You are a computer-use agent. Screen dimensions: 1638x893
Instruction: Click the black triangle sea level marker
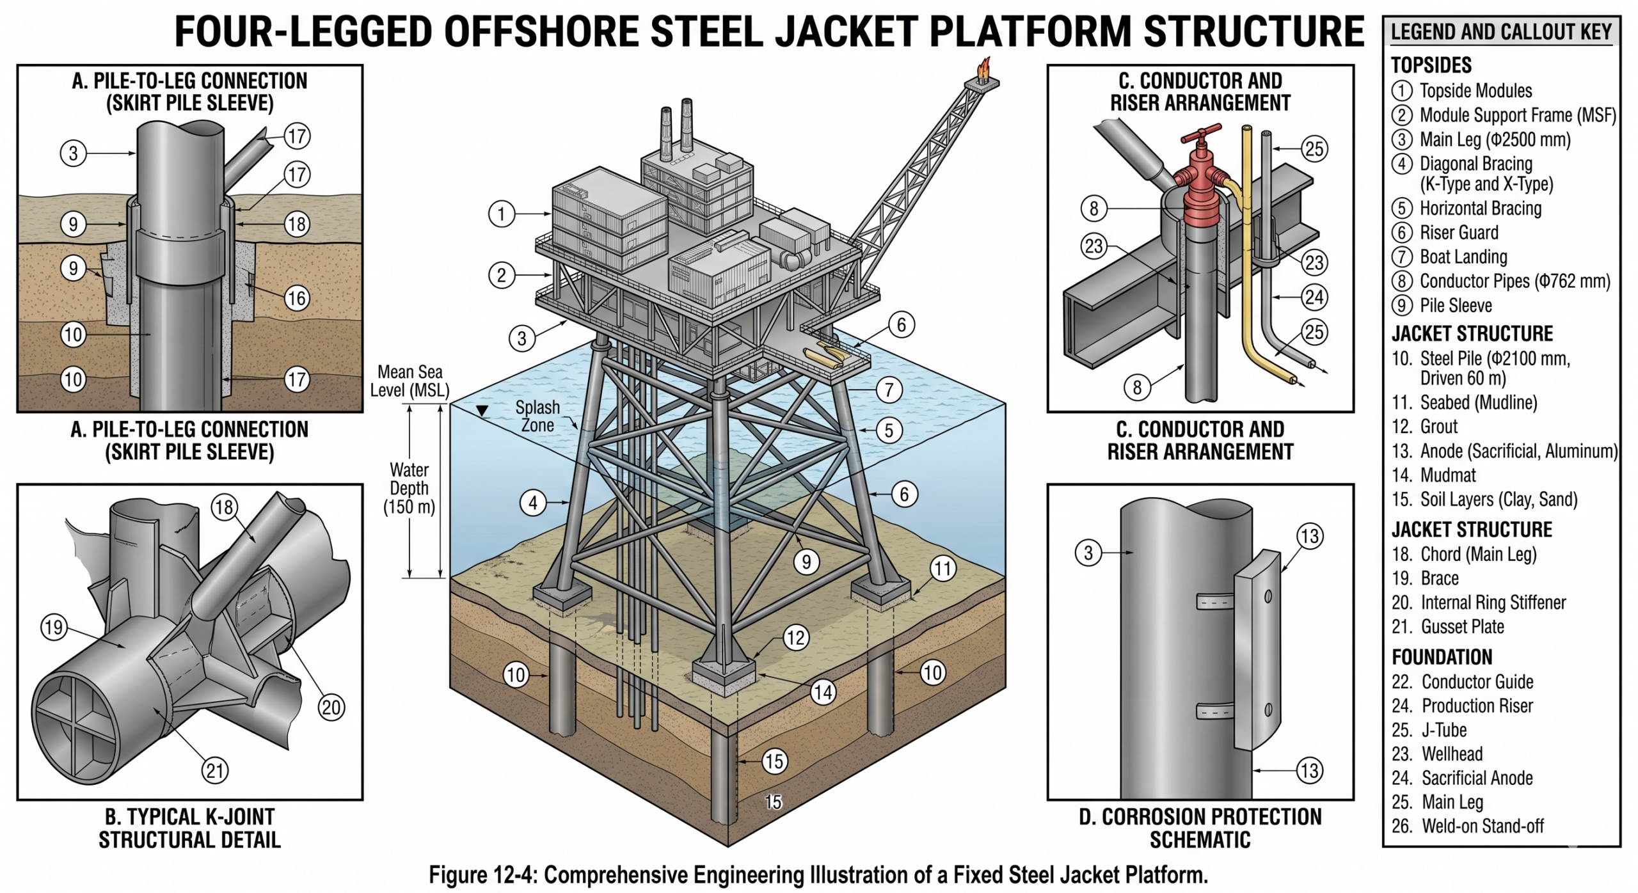482,411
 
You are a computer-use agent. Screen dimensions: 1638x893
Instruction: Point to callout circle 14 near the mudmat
823,691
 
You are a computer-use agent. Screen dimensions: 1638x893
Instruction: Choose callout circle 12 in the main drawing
795,638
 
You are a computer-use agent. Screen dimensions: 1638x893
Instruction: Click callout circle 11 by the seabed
942,569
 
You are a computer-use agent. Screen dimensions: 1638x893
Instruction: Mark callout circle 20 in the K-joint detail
331,707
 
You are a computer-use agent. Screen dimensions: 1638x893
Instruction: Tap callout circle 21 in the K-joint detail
215,770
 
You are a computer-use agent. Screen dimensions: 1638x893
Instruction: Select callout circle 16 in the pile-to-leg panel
296,298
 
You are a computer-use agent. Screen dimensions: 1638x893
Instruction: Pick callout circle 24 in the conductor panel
1314,297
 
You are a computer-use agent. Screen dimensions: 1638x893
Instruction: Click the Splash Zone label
537,416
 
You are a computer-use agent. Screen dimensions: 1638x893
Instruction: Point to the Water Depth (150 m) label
409,489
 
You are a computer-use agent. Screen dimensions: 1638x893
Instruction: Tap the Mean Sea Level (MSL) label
409,381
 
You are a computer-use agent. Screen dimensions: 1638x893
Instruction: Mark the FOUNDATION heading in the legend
1442,657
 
